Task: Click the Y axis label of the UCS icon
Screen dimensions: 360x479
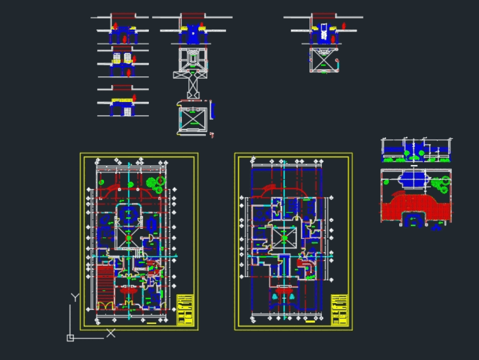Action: (75, 297)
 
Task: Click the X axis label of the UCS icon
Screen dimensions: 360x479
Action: (111, 333)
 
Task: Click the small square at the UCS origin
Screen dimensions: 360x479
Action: (70, 338)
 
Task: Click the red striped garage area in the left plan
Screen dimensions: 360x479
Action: (105, 283)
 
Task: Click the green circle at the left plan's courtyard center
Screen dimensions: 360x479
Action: (128, 238)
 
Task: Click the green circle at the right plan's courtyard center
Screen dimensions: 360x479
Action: (284, 237)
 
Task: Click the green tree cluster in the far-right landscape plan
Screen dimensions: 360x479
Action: (440, 184)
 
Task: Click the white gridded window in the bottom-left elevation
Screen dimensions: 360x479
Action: (127, 112)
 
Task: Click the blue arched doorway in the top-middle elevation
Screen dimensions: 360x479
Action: (193, 34)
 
